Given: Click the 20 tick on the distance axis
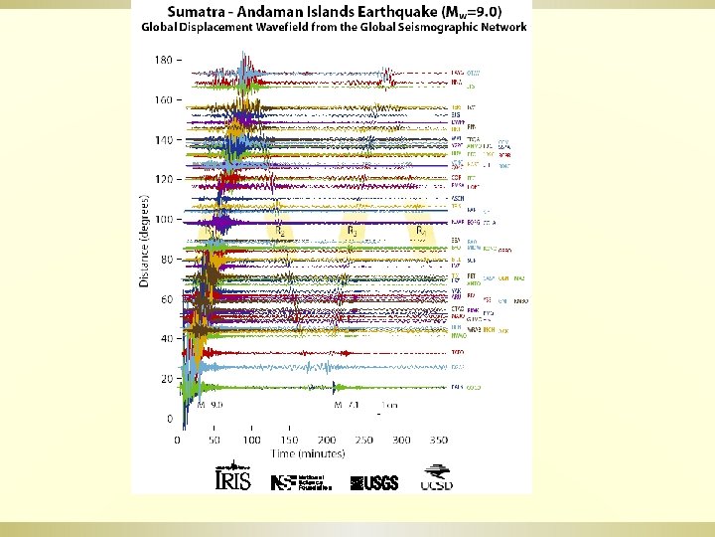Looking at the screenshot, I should [x=166, y=379].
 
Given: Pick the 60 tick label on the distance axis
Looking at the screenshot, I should [x=166, y=299].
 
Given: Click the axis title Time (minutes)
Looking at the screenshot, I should [x=309, y=453].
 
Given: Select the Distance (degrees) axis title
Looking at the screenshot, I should [x=144, y=242].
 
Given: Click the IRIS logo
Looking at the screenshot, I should [x=226, y=478].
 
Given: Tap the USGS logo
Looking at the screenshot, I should [x=374, y=482].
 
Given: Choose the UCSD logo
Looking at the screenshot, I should [x=438, y=478].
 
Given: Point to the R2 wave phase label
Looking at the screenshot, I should [x=281, y=231].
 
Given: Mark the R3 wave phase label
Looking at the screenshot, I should [x=353, y=230].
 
